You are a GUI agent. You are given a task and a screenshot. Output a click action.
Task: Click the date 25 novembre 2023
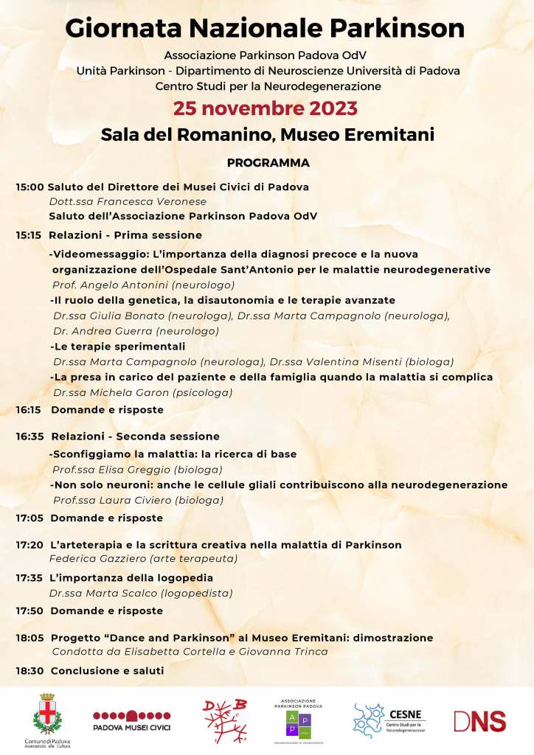(266, 108)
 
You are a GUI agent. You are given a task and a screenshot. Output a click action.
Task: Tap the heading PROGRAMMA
(268, 162)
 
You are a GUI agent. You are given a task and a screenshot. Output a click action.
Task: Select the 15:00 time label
(30, 187)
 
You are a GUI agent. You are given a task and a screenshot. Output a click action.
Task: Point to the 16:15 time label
(30, 409)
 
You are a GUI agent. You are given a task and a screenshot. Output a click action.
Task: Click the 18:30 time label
(30, 671)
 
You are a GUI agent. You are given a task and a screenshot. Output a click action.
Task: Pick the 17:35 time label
(30, 578)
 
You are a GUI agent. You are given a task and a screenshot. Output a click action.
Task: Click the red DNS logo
(479, 720)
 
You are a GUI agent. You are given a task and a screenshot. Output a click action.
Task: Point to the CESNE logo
(389, 720)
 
